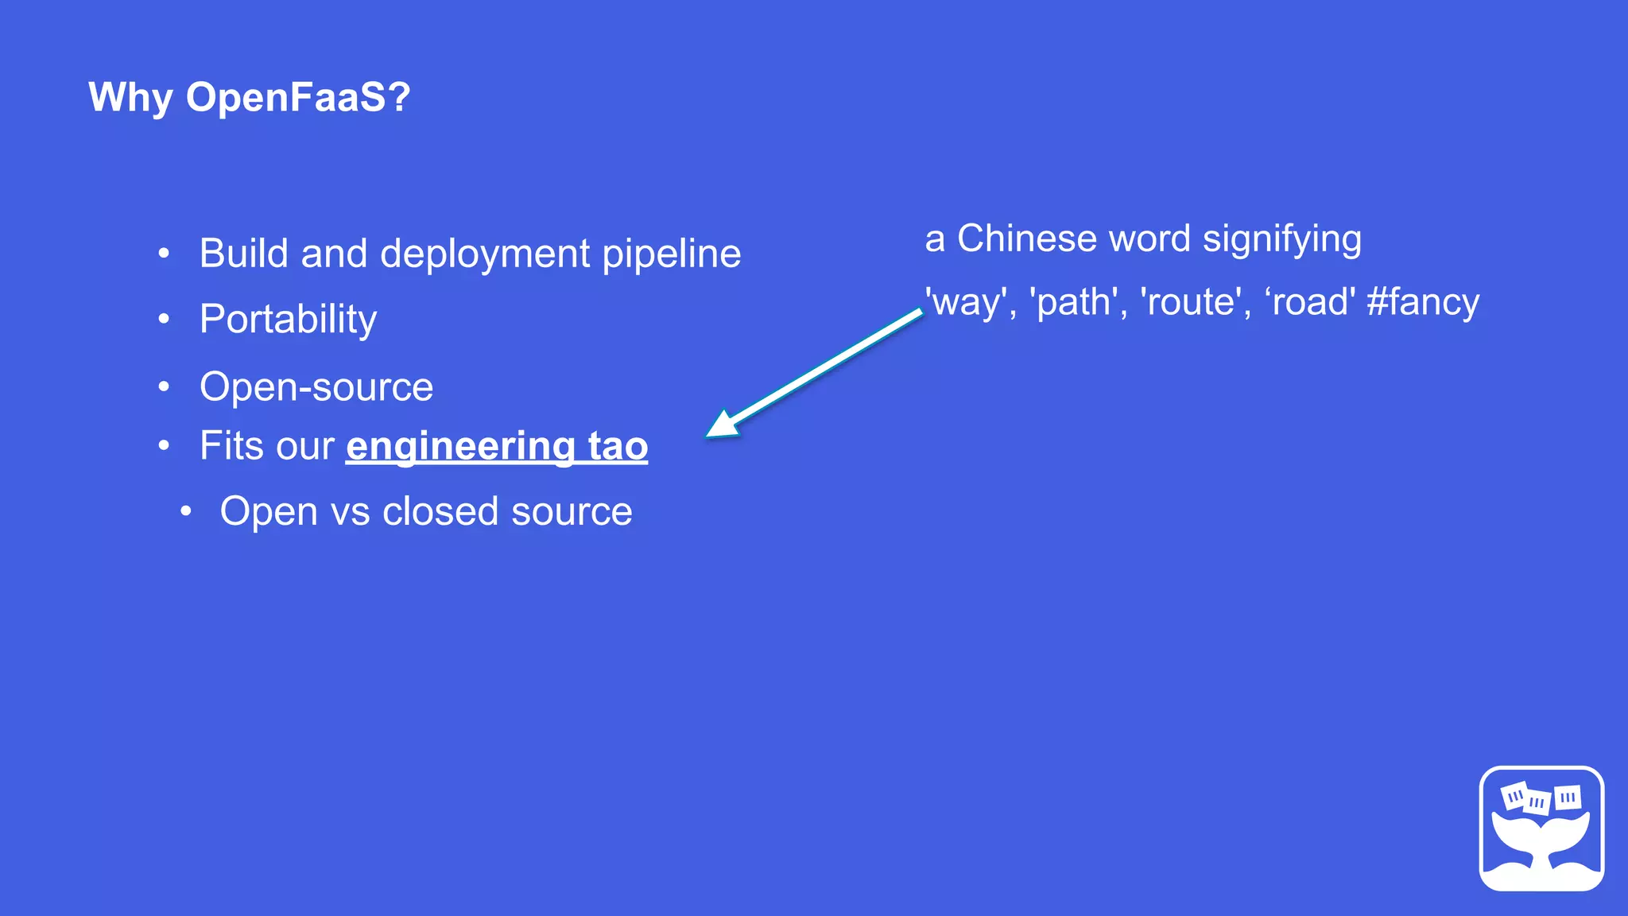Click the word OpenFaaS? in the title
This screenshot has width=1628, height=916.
tap(298, 97)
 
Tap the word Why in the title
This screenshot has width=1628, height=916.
tap(130, 99)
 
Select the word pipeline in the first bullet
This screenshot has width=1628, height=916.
tap(671, 254)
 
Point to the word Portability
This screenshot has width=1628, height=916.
tap(288, 320)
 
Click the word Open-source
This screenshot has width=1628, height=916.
tap(316, 387)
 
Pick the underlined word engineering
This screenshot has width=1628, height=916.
tap(460, 446)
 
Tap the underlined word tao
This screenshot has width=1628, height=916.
tap(618, 445)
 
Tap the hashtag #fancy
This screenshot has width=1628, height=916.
tap(1423, 302)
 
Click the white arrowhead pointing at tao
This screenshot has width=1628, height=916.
tap(721, 425)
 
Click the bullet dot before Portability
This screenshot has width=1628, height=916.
tap(164, 320)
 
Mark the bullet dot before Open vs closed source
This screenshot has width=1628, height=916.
tap(185, 512)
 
